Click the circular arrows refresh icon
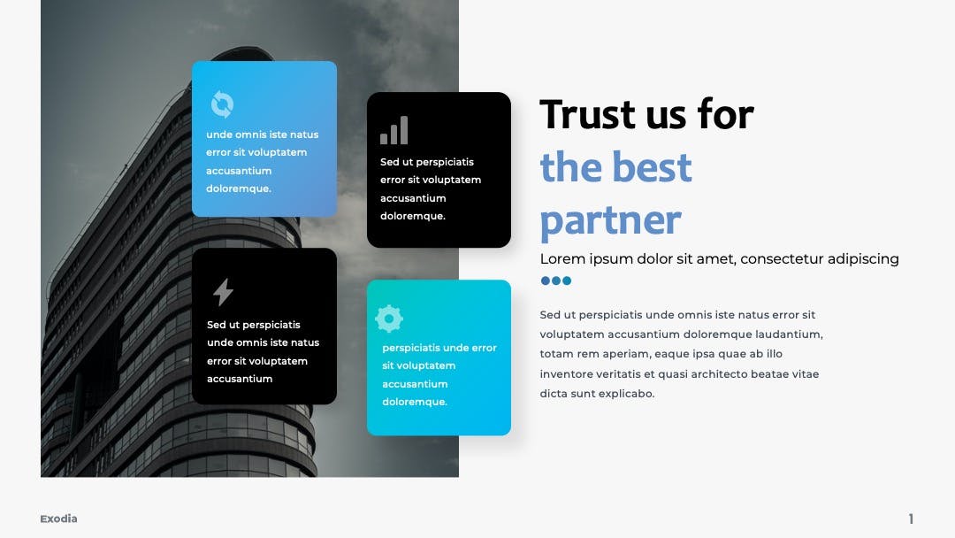(222, 104)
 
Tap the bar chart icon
(394, 130)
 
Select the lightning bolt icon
(223, 292)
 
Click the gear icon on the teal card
(389, 318)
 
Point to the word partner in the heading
(610, 220)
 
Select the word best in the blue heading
(652, 167)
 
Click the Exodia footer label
(58, 519)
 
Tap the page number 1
(911, 519)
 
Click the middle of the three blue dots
(556, 281)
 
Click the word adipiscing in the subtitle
(862, 259)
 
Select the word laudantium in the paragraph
(789, 334)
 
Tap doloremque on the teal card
(415, 402)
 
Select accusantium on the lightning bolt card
(240, 379)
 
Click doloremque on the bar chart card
(413, 216)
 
